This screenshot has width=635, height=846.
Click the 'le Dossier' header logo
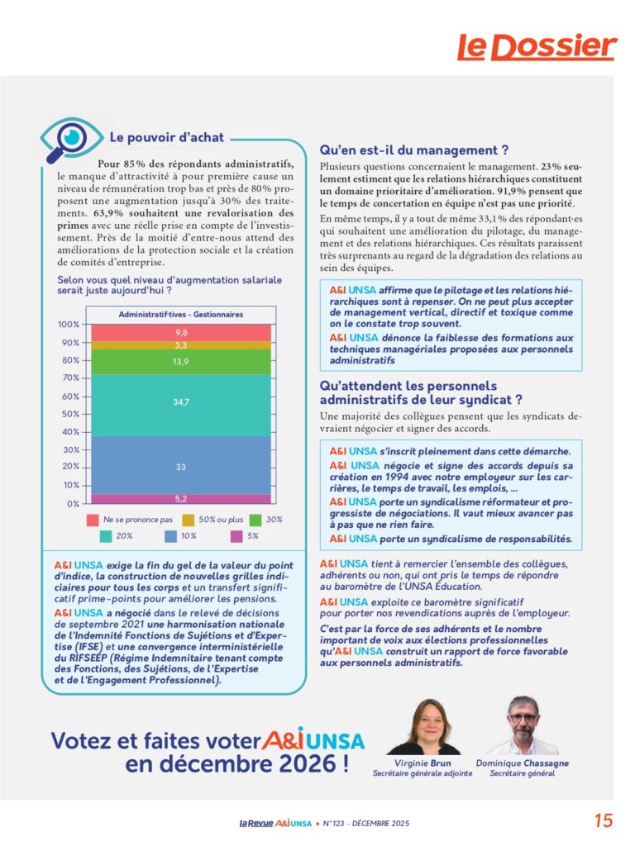coord(537,47)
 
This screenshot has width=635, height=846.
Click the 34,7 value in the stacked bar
coord(181,402)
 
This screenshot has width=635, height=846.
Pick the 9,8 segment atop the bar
coord(181,332)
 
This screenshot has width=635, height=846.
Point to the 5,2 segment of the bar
coord(181,499)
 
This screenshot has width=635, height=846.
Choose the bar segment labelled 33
coord(181,467)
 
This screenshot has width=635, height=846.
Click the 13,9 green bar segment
coord(181,362)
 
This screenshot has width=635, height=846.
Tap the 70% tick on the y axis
coord(69,378)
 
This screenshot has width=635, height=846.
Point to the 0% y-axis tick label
coord(73,504)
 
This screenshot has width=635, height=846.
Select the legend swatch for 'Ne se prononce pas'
coord(93,520)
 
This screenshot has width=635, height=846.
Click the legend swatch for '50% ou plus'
coord(189,520)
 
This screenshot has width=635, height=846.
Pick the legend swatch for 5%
coord(237,536)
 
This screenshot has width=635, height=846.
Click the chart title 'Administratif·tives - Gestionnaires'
coord(181,315)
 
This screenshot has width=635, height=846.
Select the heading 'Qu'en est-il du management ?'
coord(413,150)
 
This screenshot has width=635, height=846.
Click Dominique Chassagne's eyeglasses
coord(523,716)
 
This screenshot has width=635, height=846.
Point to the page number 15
coord(604,821)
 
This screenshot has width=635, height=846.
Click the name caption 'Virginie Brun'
coord(422,763)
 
